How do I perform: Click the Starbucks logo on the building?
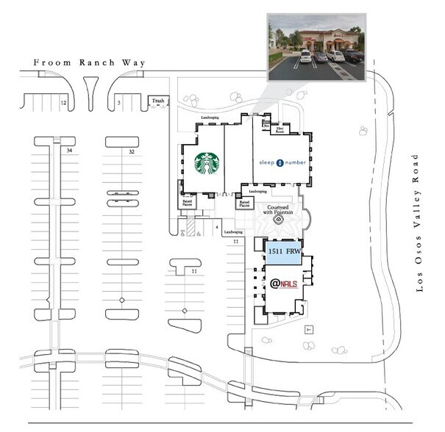[208, 165]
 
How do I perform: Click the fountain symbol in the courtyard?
[280, 220]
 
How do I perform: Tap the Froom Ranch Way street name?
[90, 63]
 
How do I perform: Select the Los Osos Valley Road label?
[420, 223]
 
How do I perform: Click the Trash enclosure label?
[156, 100]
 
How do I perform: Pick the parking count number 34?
[68, 151]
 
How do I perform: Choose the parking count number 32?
[132, 151]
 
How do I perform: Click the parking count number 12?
[63, 104]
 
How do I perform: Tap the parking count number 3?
[118, 104]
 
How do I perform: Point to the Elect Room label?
[280, 130]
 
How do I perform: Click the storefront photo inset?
[316, 46]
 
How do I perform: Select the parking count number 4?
[217, 228]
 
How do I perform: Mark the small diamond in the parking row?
[122, 301]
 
